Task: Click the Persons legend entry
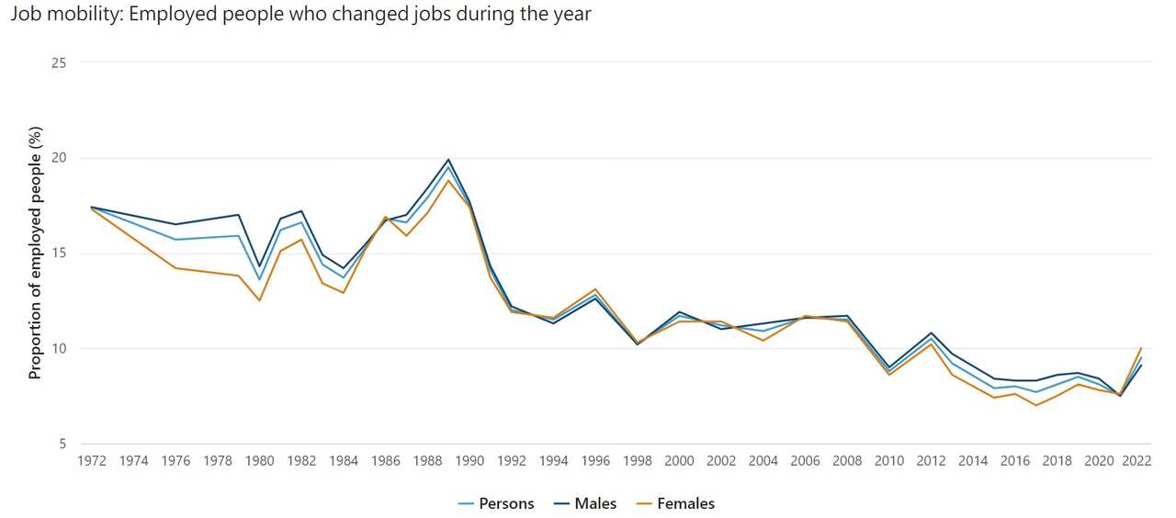click(496, 503)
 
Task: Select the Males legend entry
click(585, 503)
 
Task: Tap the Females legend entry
click(677, 503)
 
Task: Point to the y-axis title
click(35, 253)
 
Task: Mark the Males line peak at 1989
click(448, 160)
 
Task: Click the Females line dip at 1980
click(260, 300)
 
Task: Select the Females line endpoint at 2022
click(1140, 348)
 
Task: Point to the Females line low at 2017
click(1035, 405)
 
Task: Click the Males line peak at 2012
click(931, 333)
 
